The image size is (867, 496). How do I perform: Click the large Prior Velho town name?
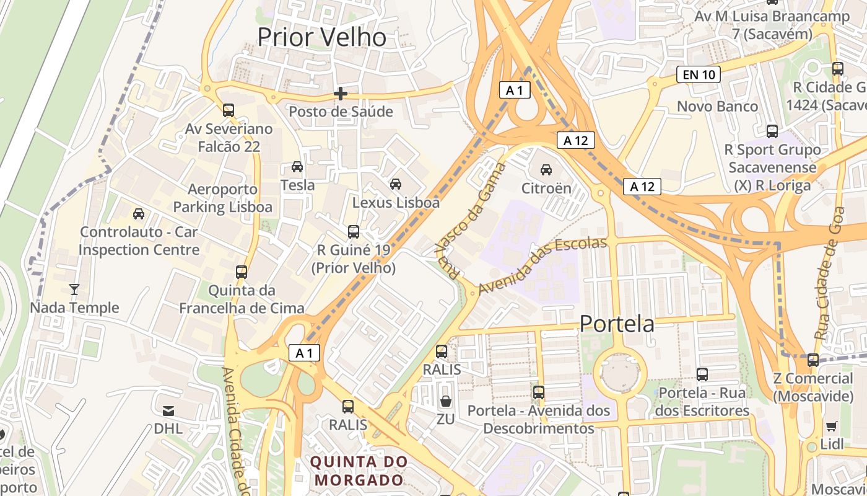coord(321,37)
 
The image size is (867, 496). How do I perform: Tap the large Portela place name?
coord(617,324)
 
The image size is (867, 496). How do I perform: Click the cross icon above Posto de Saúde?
coord(340,94)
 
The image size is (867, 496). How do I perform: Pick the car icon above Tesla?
coord(297,167)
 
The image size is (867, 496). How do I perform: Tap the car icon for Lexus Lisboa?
coord(396,184)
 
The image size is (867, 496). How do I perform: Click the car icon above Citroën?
coord(546,169)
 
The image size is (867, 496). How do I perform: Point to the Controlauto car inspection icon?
coord(139,214)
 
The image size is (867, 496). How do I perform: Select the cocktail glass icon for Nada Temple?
coord(74,289)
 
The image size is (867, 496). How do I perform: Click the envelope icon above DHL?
coord(168,410)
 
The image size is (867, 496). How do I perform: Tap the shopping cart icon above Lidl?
coord(831,426)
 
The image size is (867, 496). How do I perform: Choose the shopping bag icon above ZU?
coord(445,401)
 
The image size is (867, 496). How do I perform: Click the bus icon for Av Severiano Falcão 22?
coord(229,110)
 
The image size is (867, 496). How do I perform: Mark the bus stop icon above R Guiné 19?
coord(353,232)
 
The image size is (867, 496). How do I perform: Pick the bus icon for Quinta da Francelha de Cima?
coord(242,272)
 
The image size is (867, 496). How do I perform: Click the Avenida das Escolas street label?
coord(542,265)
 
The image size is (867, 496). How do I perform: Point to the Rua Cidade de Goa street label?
coord(830,273)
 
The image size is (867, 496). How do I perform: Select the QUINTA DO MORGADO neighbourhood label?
coord(359,471)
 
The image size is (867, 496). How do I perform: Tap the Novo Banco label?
coord(717,106)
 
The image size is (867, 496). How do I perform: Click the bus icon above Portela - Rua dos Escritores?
coord(702,374)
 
